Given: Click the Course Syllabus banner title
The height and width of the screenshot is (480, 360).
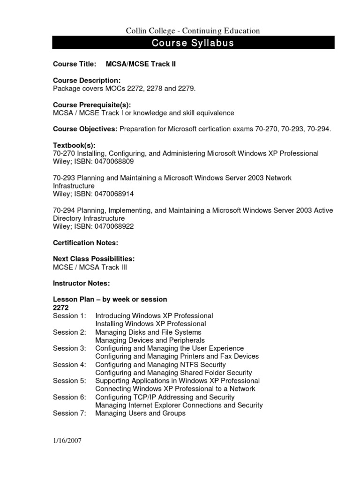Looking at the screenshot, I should [193, 44].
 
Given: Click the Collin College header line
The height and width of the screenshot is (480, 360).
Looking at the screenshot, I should [193, 31].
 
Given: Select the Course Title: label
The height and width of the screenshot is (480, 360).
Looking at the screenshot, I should [75, 64].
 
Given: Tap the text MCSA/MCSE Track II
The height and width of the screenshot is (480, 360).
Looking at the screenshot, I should [141, 64].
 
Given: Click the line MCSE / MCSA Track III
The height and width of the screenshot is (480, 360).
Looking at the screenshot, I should [90, 267].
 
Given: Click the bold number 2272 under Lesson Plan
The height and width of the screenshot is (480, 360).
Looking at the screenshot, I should [61, 307].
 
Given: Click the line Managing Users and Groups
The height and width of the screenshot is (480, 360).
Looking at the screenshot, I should [140, 413].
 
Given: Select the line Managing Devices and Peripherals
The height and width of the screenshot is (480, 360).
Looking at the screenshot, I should [150, 340].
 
